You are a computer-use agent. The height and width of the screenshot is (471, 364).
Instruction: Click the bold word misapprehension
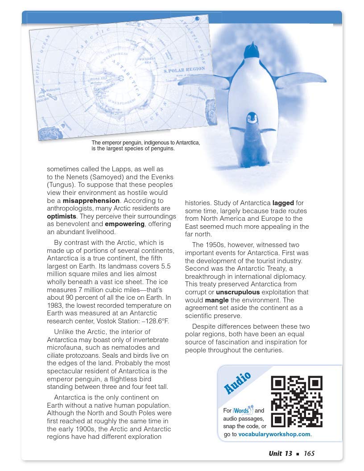[91, 201]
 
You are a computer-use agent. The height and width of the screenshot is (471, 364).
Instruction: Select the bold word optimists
[62, 216]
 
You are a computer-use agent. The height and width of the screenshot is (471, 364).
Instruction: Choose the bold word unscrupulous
[240, 292]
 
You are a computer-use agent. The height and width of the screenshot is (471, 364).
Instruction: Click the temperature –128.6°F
[153, 321]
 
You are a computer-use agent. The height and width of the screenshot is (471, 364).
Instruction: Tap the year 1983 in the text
[55, 306]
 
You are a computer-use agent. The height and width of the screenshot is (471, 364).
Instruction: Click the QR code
[297, 401]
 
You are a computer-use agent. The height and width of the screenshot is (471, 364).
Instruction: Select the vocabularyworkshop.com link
[274, 434]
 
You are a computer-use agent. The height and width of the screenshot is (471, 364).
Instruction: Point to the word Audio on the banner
[237, 383]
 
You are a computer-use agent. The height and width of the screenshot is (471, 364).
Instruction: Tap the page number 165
[309, 454]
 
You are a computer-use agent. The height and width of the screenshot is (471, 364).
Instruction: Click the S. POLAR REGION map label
[184, 70]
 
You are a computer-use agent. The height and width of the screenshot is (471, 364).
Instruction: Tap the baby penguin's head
[252, 118]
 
